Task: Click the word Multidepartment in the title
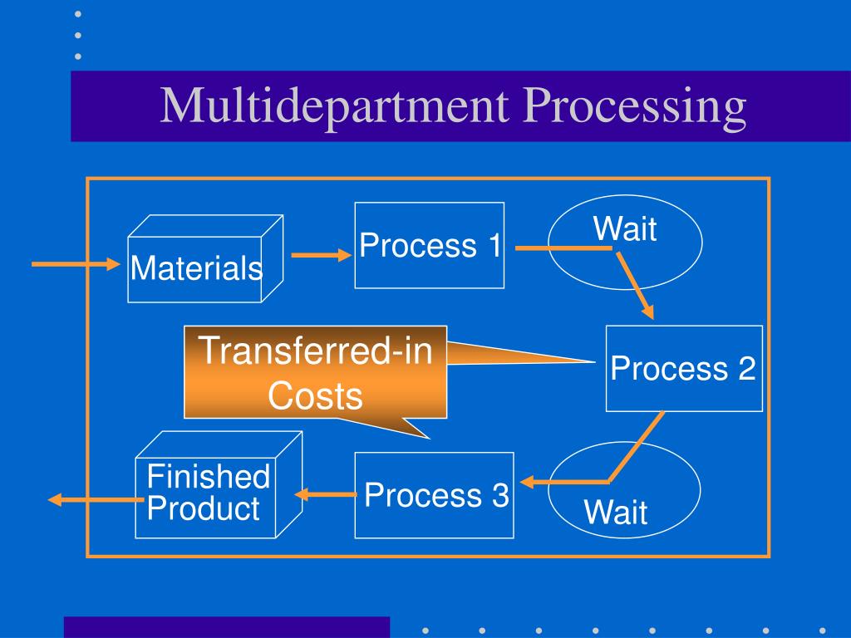(336, 108)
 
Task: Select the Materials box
(196, 268)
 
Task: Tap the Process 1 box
(430, 246)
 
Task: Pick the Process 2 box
(683, 368)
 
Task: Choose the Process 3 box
(435, 495)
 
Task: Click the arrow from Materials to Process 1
(321, 256)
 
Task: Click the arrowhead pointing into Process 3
(529, 482)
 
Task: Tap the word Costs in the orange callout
(315, 396)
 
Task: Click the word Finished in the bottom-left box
(208, 477)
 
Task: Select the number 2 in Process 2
(745, 368)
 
